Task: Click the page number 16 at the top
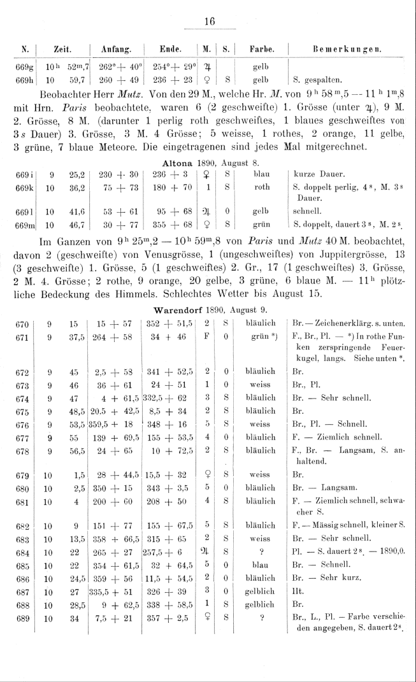(208, 21)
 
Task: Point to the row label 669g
(18, 66)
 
